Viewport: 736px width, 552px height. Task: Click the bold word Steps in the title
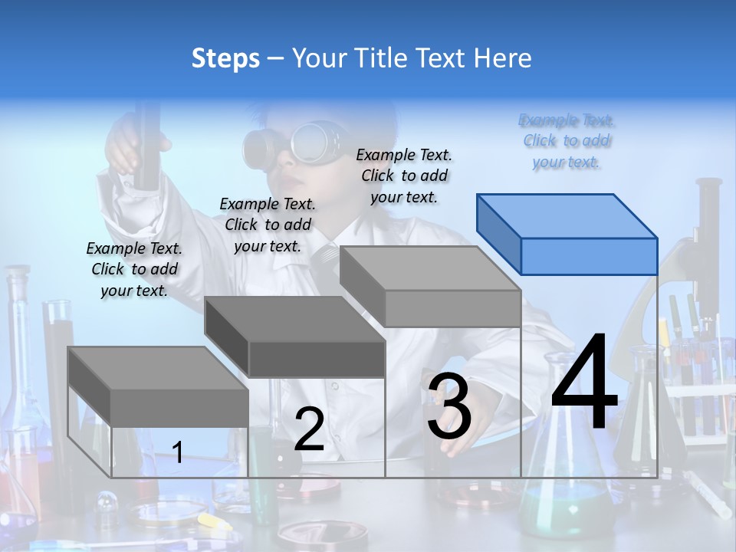[x=225, y=58]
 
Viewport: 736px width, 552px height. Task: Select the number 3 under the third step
[x=449, y=406]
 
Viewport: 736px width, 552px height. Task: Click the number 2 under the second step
[x=309, y=429]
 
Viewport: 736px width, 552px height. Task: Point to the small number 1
[x=178, y=452]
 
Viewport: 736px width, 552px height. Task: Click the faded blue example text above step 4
[x=567, y=140]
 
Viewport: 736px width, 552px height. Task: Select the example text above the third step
[x=404, y=176]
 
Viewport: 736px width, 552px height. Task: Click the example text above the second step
[x=268, y=225]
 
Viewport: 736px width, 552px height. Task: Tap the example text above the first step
[x=134, y=269]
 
